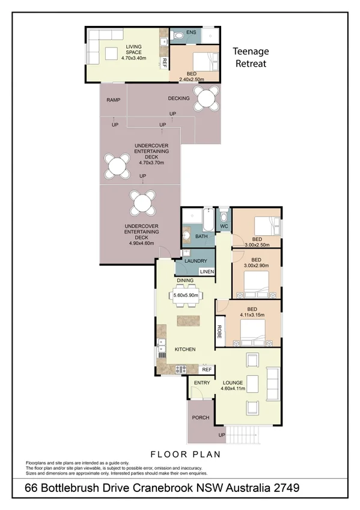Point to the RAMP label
[x=113, y=100]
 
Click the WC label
[x=224, y=226]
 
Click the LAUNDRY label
[x=195, y=261]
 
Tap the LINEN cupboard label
[x=207, y=272]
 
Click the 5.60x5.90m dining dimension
[x=187, y=295]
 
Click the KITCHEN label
[x=185, y=349]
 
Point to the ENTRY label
[x=202, y=382]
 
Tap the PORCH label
[x=200, y=417]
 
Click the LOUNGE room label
[x=232, y=382]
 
